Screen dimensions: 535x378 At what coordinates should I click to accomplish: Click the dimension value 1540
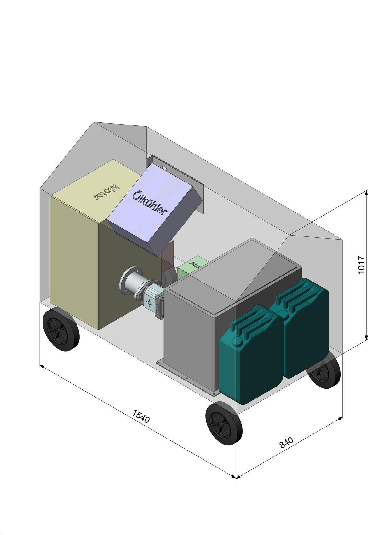pos(141,416)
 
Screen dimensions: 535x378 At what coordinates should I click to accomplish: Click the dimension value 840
pos(286,442)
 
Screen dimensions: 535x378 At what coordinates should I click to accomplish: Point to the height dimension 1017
pos(361,265)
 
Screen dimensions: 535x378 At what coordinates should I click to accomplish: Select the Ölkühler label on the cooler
pos(150,203)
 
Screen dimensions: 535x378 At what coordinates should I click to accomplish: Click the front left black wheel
pos(61,330)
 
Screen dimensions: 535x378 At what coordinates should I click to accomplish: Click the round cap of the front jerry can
pos(237,340)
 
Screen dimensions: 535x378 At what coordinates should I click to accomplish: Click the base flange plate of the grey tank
pos(186,378)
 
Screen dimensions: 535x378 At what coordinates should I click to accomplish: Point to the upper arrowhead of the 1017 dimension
pos(366,193)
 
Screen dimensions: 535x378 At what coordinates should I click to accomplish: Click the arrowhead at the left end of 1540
pos(42,366)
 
